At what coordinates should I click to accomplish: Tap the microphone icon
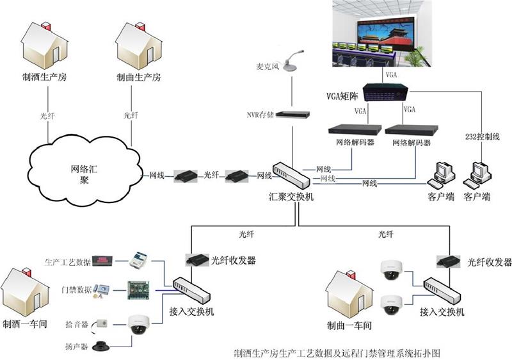(x=292, y=61)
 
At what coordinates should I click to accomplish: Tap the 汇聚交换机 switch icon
(x=291, y=174)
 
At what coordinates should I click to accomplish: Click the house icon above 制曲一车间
(x=349, y=295)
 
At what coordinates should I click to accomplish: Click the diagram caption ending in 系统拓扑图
(x=337, y=353)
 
